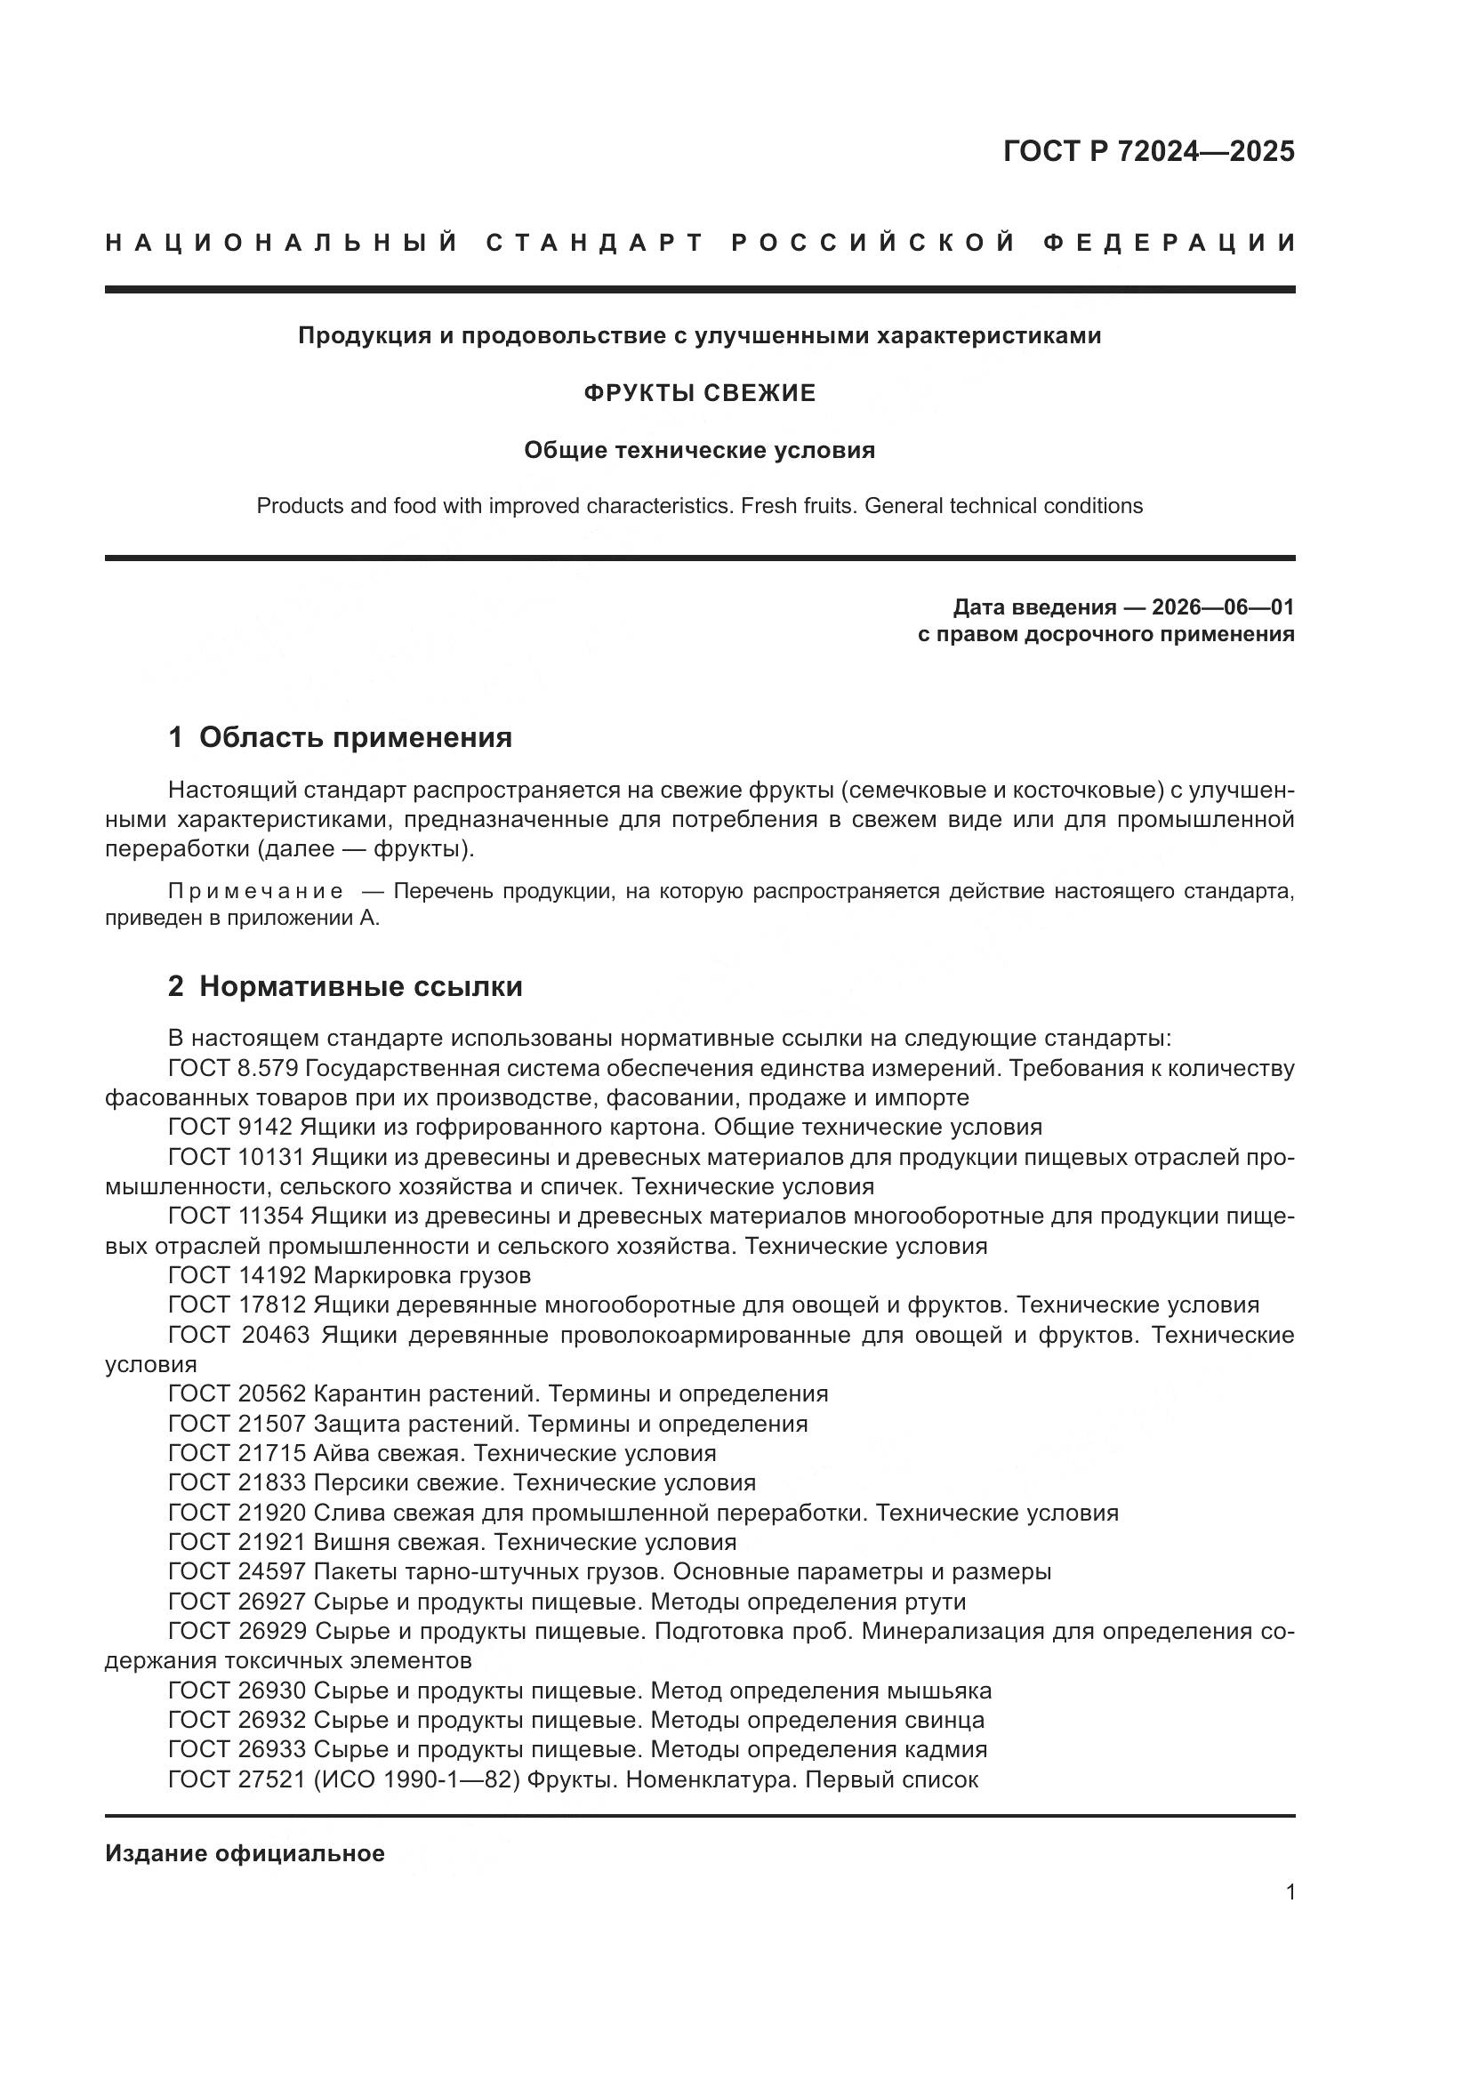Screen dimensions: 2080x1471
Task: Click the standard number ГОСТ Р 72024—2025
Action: pyautogui.click(x=1147, y=151)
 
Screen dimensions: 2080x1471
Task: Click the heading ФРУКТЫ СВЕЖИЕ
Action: pyautogui.click(x=699, y=393)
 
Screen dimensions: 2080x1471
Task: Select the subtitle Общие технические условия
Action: pyautogui.click(x=699, y=450)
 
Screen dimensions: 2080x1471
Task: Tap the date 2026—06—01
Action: pyautogui.click(x=1223, y=607)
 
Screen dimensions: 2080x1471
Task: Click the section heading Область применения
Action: pyautogui.click(x=355, y=737)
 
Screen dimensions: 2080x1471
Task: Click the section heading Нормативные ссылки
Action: pyautogui.click(x=360, y=986)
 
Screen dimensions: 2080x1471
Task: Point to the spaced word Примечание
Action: pyautogui.click(x=255, y=891)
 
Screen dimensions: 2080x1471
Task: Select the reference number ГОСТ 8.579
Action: pyautogui.click(x=233, y=1069)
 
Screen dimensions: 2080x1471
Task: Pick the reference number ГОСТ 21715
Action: pyautogui.click(x=237, y=1454)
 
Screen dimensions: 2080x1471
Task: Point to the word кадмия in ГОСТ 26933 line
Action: pyautogui.click(x=944, y=1750)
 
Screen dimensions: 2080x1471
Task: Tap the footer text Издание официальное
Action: pyautogui.click(x=245, y=1853)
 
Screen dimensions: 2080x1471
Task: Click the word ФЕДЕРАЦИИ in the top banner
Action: pyautogui.click(x=1169, y=243)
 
